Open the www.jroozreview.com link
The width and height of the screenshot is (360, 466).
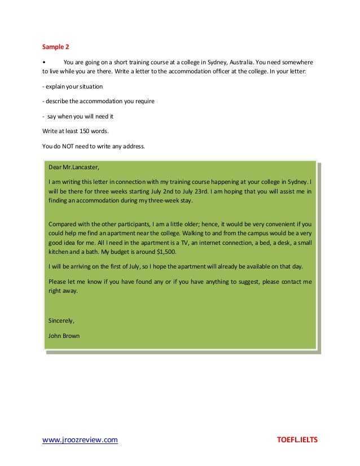tap(81, 440)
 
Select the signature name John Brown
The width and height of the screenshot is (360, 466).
tap(64, 336)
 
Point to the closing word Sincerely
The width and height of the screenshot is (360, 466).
tap(62, 321)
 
